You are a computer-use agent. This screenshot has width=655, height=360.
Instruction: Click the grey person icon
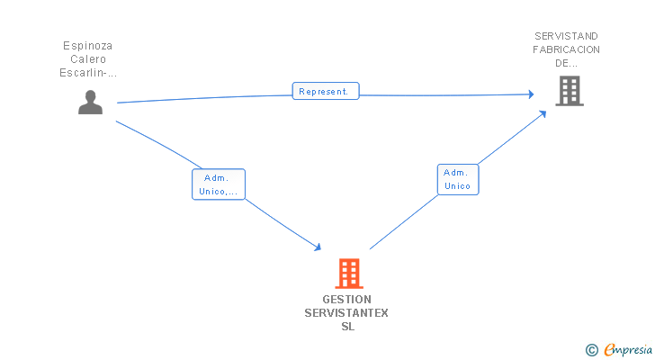(x=90, y=103)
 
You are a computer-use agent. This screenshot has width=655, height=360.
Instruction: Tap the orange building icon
(x=349, y=273)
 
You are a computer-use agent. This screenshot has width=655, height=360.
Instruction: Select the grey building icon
(x=569, y=91)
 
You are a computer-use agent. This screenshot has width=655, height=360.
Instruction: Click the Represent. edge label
(x=326, y=91)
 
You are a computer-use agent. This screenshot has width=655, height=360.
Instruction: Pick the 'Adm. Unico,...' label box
(x=219, y=184)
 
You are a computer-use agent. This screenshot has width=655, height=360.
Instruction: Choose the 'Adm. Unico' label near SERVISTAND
(x=458, y=179)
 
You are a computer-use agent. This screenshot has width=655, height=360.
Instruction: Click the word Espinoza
(x=88, y=45)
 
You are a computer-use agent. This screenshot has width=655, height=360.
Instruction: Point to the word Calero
(x=88, y=59)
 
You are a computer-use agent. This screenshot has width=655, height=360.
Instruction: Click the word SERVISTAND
(x=567, y=36)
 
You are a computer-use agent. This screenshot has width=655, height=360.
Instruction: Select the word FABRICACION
(x=567, y=49)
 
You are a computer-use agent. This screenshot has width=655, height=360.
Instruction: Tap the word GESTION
(x=346, y=300)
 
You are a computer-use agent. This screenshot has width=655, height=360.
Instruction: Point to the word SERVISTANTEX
(x=346, y=313)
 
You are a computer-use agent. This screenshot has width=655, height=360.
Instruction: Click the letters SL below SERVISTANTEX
(x=347, y=327)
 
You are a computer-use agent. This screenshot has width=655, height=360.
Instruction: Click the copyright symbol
(x=591, y=349)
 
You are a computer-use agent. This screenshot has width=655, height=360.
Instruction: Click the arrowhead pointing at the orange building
(x=318, y=247)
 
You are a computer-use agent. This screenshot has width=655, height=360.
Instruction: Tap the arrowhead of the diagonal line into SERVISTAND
(x=543, y=113)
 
